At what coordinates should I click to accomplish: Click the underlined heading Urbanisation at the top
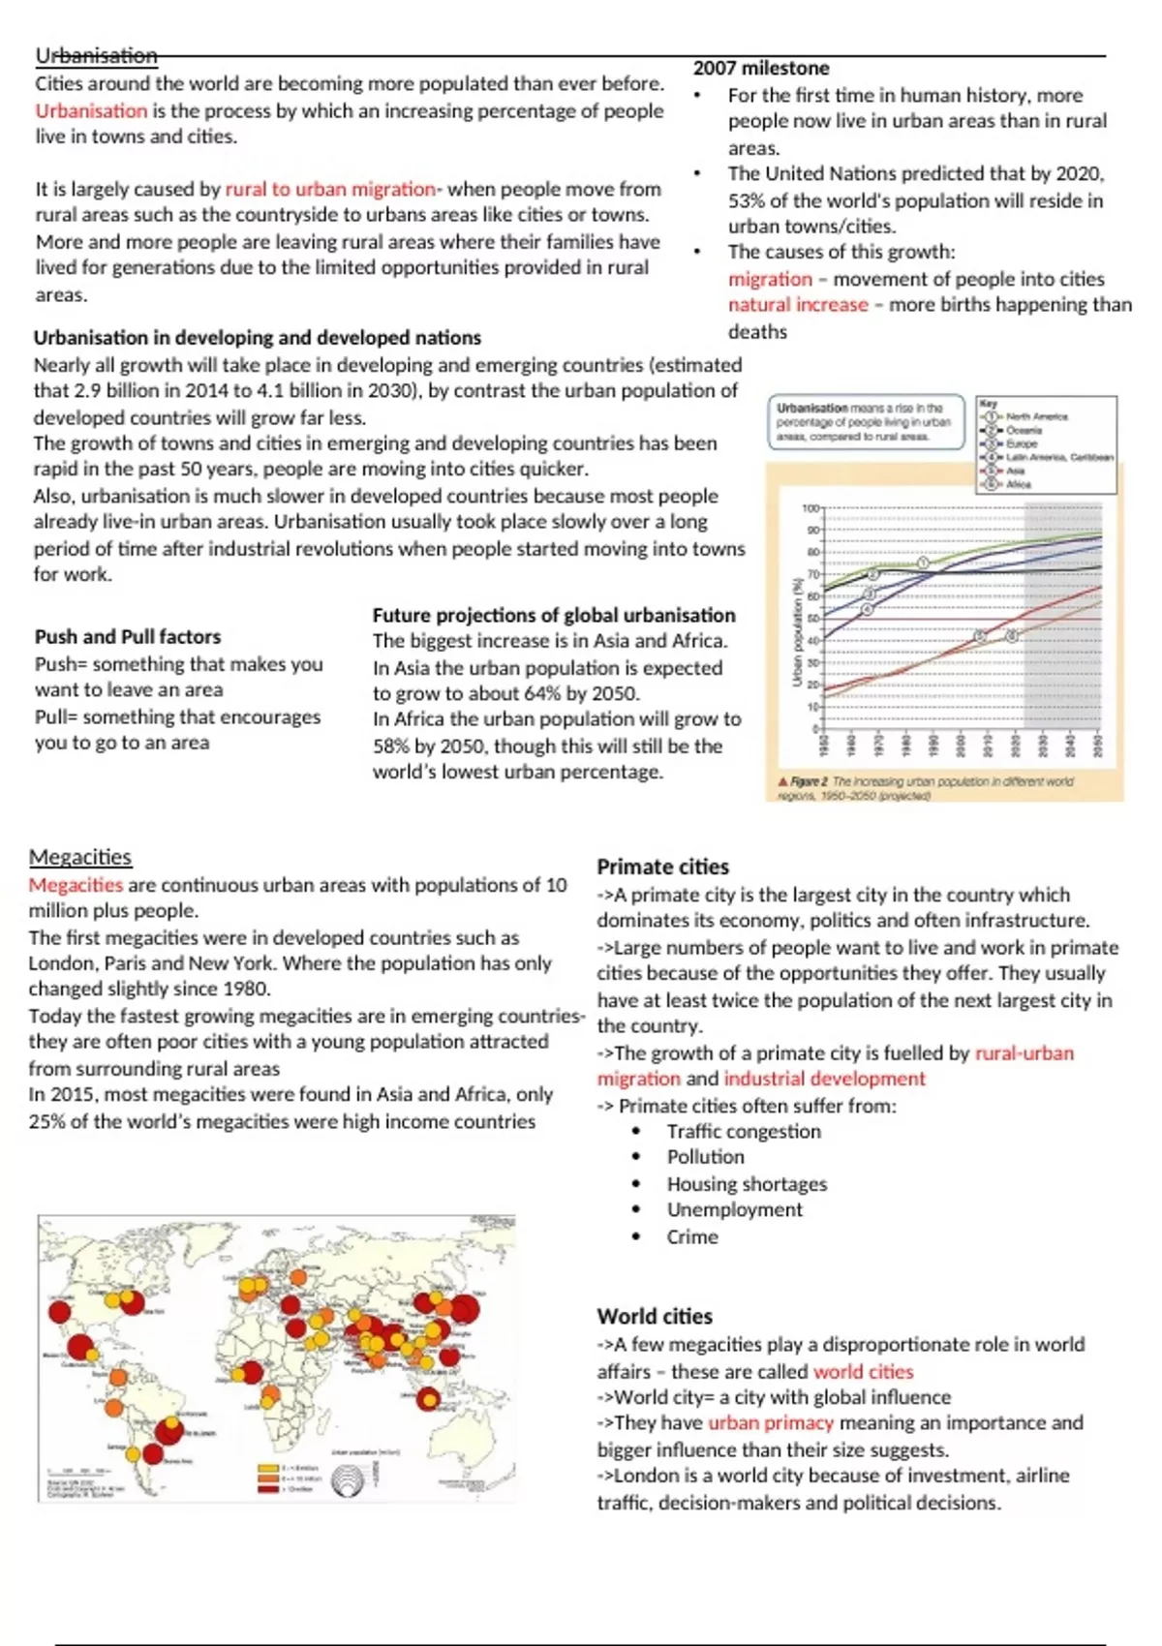[x=96, y=56]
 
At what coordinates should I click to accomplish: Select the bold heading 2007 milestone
[x=761, y=68]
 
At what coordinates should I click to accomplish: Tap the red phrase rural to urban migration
[x=330, y=189]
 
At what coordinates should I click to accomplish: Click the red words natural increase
[x=798, y=305]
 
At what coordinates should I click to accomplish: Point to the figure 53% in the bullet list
[x=748, y=200]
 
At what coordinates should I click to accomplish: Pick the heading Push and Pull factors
[x=128, y=636]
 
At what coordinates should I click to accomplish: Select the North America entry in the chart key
[x=1036, y=416]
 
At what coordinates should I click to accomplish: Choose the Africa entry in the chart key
[x=1018, y=483]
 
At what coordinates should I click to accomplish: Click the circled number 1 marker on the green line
[x=923, y=563]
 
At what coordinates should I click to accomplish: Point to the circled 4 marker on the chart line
[x=867, y=609]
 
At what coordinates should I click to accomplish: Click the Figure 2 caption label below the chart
[x=810, y=781]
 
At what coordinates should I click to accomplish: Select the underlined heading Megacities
[x=79, y=857]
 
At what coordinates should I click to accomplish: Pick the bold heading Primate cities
[x=662, y=867]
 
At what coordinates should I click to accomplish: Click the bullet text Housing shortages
[x=747, y=1183]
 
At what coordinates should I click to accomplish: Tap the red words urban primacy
[x=770, y=1422]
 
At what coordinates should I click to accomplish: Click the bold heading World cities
[x=655, y=1316]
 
